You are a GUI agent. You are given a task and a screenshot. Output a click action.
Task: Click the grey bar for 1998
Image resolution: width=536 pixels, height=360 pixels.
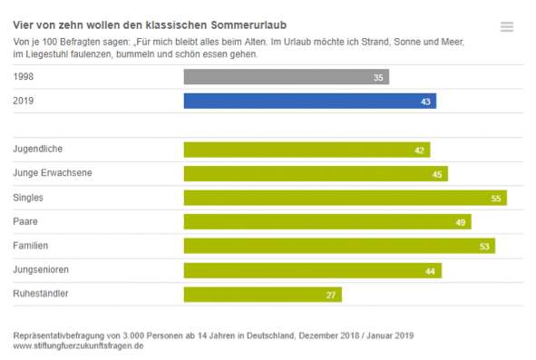(286, 78)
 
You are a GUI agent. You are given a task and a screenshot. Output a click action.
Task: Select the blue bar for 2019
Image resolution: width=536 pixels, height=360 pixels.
(308, 102)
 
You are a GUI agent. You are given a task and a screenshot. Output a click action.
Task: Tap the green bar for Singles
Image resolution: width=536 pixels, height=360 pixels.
(345, 198)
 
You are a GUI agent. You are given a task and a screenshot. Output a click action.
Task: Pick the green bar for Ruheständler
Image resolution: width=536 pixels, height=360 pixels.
(262, 294)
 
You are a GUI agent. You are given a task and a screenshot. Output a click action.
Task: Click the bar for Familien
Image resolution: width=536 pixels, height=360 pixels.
(338, 246)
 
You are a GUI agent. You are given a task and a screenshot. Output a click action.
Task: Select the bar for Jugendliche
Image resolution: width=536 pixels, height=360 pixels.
(307, 150)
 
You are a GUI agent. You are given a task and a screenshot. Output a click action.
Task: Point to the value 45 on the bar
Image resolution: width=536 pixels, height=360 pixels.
(437, 174)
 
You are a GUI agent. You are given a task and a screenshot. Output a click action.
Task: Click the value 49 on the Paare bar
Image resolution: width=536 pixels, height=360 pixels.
(460, 222)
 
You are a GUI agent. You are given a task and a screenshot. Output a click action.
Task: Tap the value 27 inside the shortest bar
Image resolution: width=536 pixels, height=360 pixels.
(331, 295)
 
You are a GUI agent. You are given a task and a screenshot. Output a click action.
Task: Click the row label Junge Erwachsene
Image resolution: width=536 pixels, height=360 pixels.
(52, 172)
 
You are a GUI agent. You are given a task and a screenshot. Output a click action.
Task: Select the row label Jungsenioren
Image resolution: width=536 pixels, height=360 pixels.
(42, 269)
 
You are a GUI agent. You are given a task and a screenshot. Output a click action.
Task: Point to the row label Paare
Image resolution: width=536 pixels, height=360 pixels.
(25, 221)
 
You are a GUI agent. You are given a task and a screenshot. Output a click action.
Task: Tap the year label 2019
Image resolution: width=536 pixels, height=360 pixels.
(24, 101)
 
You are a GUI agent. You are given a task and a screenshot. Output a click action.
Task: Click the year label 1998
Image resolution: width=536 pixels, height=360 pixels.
(24, 77)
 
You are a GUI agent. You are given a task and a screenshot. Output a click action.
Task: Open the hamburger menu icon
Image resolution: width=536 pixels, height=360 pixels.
(507, 27)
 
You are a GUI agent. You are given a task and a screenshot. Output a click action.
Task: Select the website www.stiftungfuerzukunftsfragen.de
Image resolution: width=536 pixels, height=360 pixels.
(79, 345)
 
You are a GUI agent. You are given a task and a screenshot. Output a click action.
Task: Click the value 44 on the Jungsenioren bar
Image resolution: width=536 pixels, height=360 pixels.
(431, 270)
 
